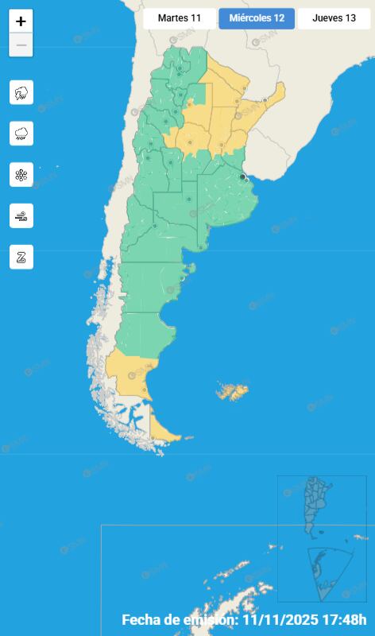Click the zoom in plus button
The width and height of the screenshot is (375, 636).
tap(21, 21)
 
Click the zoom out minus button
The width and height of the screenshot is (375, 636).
tap(21, 45)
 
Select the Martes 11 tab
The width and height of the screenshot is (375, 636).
tap(180, 18)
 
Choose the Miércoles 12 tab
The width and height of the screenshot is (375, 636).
tap(257, 18)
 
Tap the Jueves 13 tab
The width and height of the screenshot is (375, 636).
tap(334, 18)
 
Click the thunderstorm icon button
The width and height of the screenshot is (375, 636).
tap(21, 92)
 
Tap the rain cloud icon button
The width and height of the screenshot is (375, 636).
tap(21, 133)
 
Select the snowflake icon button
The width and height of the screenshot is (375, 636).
tap(21, 174)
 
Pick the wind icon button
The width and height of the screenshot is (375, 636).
tap(21, 215)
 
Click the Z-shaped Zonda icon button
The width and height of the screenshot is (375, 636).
tap(21, 257)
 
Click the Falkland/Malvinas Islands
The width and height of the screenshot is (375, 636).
tap(233, 391)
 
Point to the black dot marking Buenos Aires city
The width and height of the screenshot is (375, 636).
tap(242, 176)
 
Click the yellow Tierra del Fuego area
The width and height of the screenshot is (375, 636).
tap(166, 429)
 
